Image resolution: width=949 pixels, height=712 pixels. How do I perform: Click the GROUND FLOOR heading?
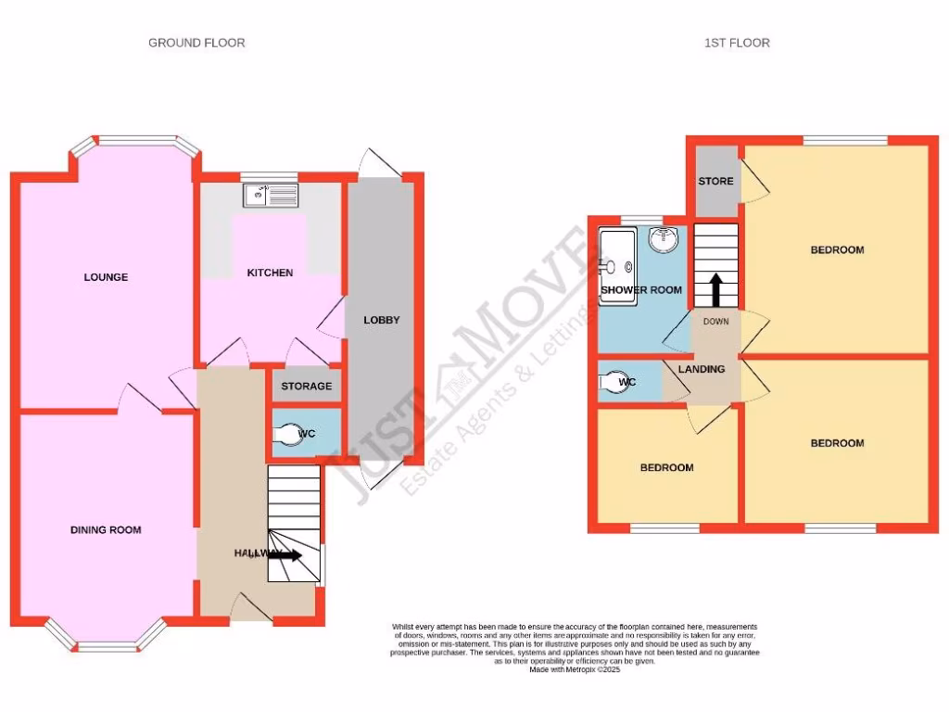(x=196, y=43)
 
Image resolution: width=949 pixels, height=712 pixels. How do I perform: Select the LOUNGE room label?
(x=106, y=277)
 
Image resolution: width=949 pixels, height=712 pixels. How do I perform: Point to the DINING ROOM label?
(x=106, y=530)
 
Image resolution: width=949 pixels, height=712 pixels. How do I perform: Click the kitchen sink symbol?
(x=271, y=195)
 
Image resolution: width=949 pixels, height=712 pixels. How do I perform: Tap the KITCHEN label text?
(x=270, y=273)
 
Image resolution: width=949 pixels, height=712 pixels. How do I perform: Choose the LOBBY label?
(x=381, y=320)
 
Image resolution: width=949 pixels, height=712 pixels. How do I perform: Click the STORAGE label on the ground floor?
(x=306, y=386)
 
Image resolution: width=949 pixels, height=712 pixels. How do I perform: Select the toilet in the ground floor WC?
(x=288, y=433)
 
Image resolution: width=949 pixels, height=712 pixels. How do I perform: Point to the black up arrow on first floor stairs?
(x=716, y=288)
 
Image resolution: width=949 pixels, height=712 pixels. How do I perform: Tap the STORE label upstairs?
(x=716, y=181)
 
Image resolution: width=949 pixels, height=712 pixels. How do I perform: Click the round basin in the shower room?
(x=663, y=239)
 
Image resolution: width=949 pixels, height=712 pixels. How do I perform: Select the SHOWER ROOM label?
(x=641, y=290)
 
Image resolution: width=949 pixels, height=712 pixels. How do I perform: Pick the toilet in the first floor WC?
(x=614, y=382)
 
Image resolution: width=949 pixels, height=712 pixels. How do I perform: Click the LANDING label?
(x=702, y=369)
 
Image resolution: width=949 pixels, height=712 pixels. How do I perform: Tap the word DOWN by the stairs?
(x=716, y=323)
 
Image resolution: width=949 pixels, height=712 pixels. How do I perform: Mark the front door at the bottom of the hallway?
(x=248, y=610)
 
